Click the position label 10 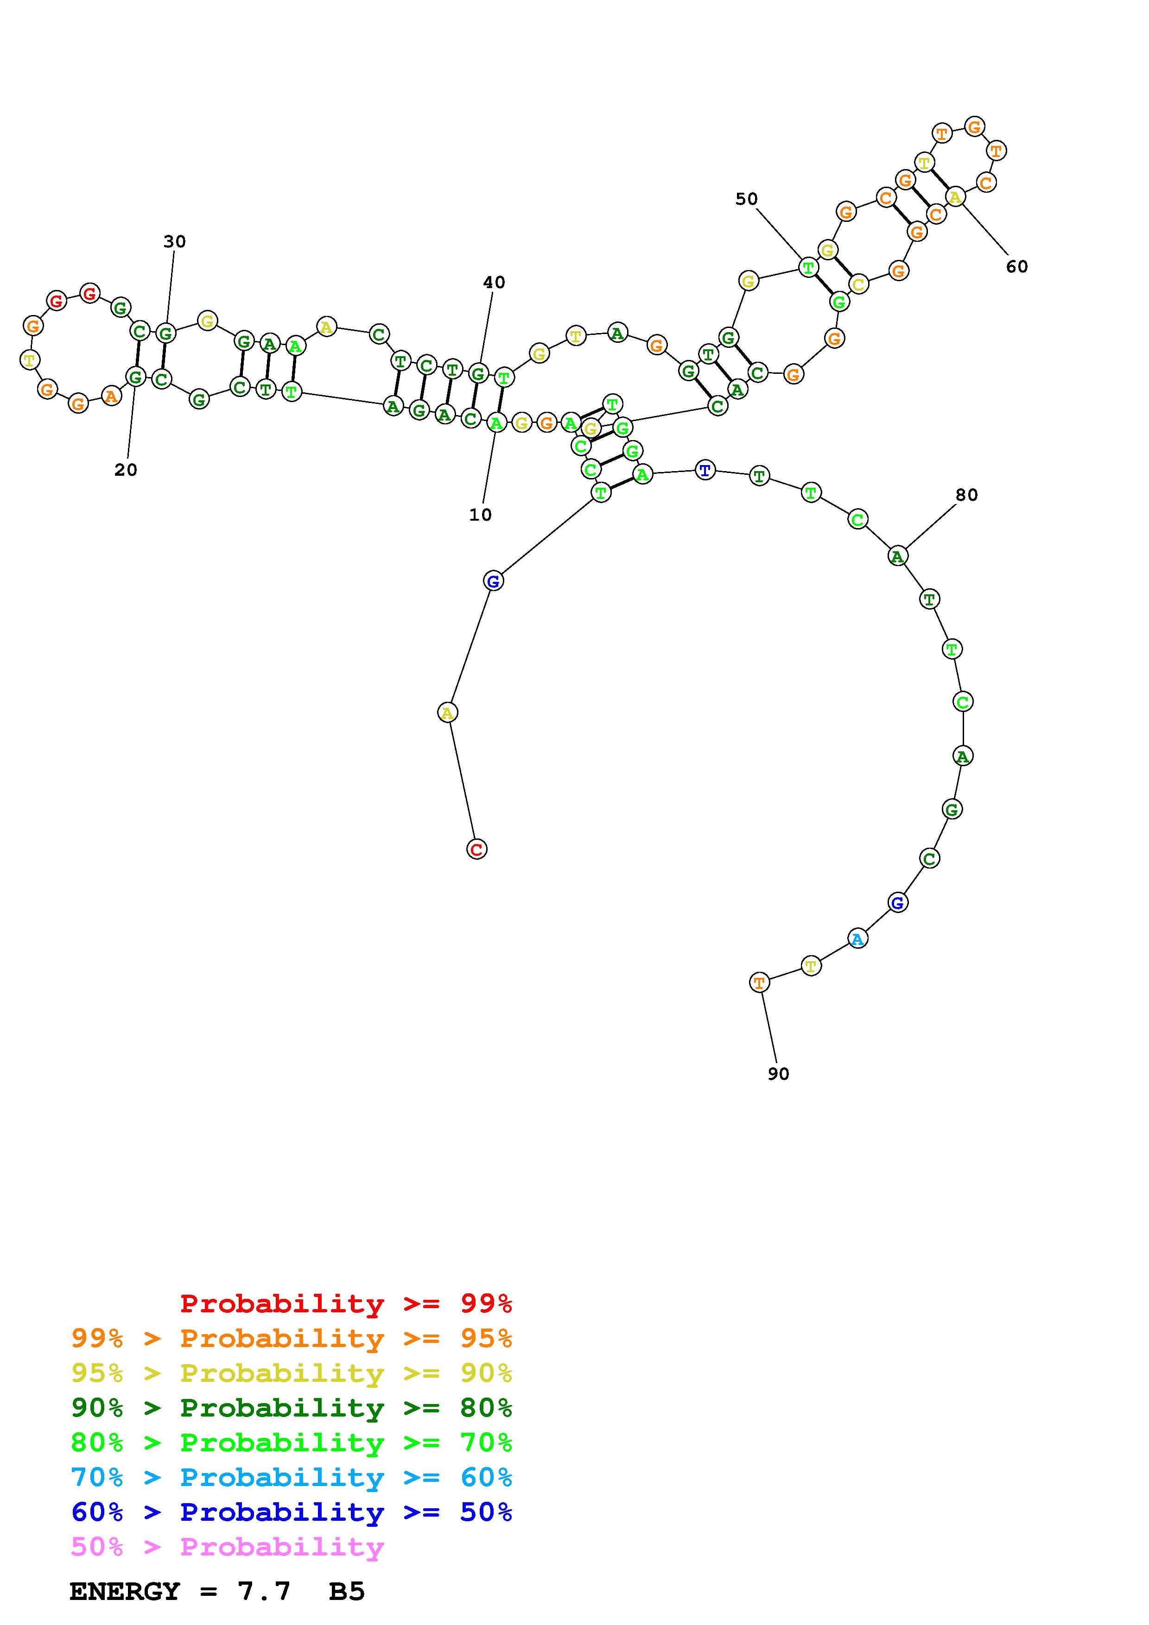480,515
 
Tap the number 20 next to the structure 125,470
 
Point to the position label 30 174,242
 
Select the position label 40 494,283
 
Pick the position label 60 1016,267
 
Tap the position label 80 966,496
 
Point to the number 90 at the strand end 778,1074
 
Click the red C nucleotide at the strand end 477,849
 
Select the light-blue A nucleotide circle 857,939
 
